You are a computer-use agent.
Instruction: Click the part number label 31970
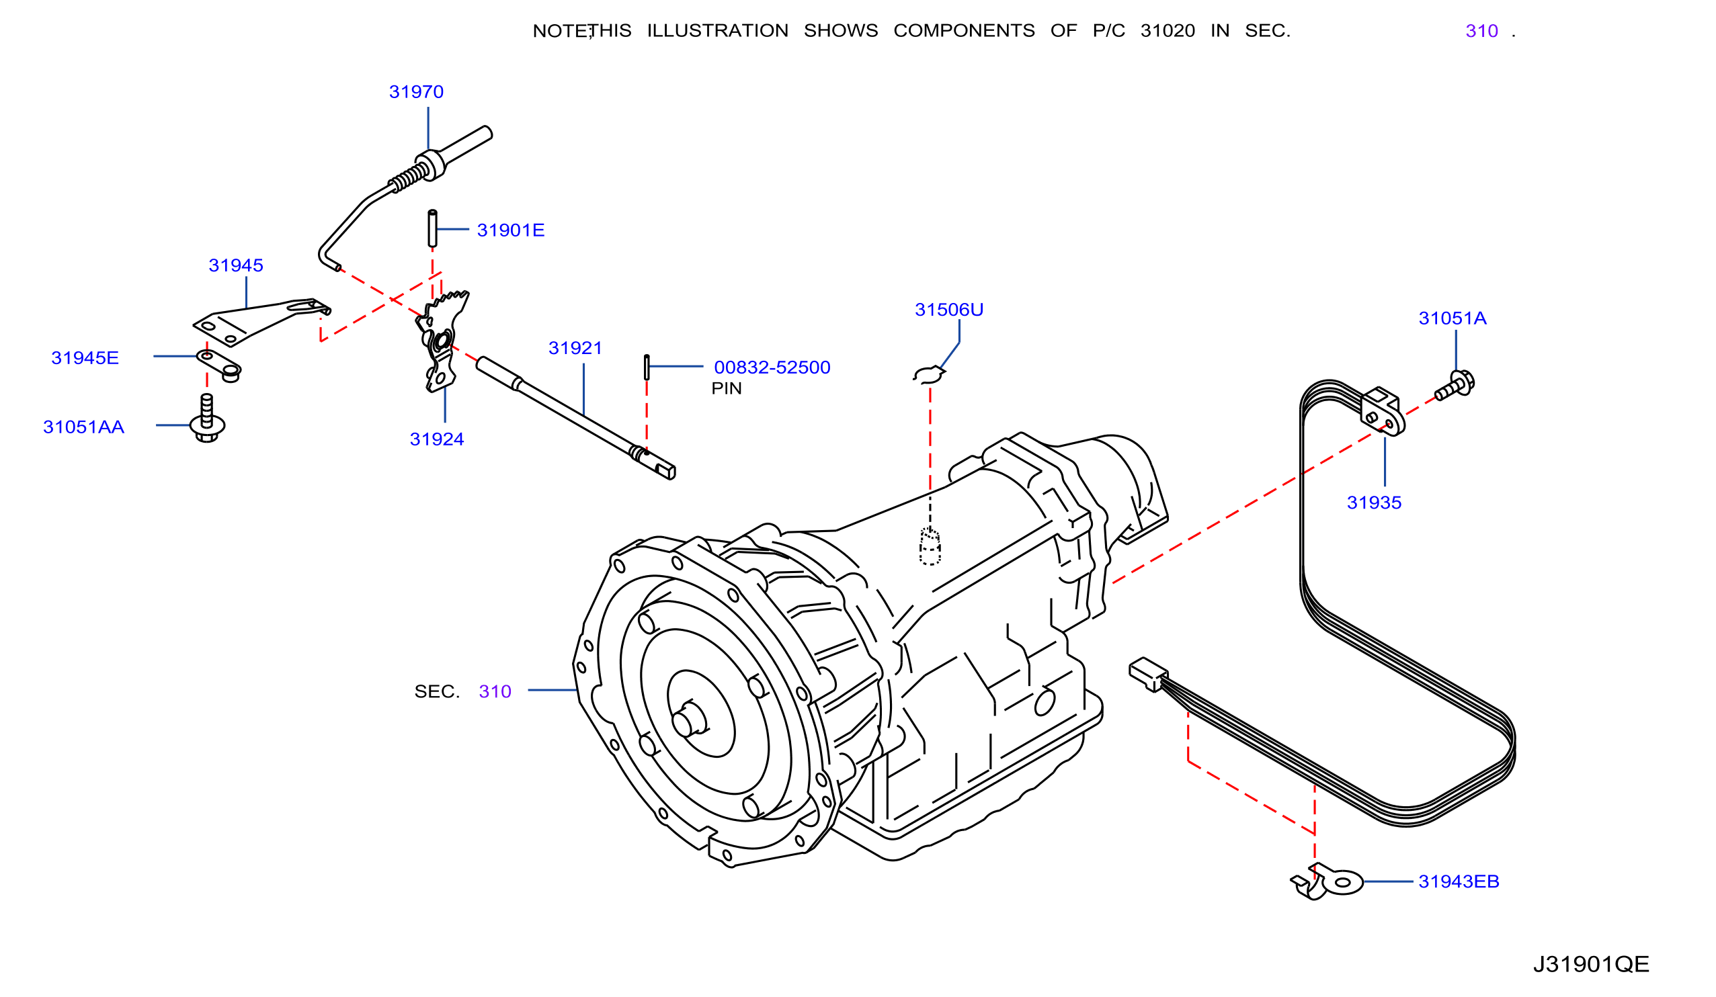point(416,92)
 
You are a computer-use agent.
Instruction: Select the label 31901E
point(511,230)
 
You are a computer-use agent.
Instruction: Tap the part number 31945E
point(85,358)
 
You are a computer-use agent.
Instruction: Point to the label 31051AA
point(84,427)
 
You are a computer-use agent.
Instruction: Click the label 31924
point(436,439)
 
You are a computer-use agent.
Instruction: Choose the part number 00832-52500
point(772,367)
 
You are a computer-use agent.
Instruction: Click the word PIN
point(727,388)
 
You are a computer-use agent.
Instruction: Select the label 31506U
point(949,310)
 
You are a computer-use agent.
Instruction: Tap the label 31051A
point(1453,318)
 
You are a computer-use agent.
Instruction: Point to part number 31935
point(1374,503)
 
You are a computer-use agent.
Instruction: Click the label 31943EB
point(1459,882)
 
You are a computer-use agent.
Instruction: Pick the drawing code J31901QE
point(1592,964)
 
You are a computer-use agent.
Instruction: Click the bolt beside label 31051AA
point(207,418)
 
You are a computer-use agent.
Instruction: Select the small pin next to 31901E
point(432,228)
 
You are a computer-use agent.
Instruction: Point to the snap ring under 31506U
point(929,375)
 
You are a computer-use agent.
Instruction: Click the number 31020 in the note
point(1168,32)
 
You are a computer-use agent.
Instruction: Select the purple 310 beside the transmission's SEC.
point(495,692)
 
